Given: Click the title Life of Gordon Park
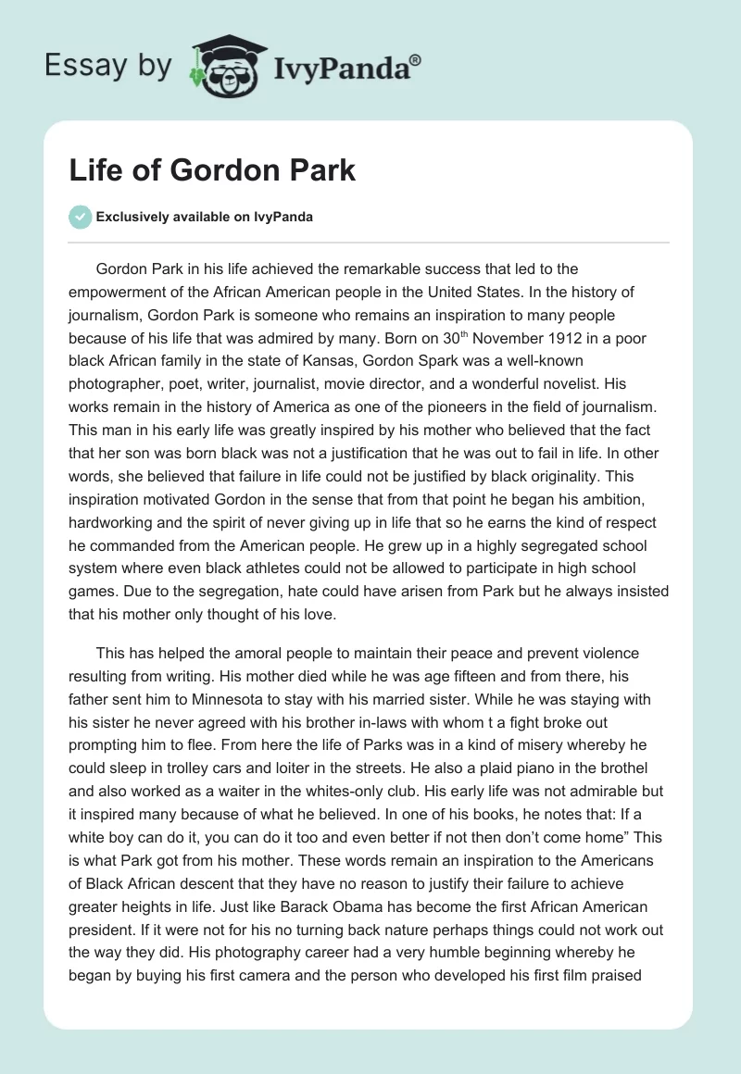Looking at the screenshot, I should [212, 171].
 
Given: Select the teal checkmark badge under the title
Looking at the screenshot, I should [81, 217].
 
